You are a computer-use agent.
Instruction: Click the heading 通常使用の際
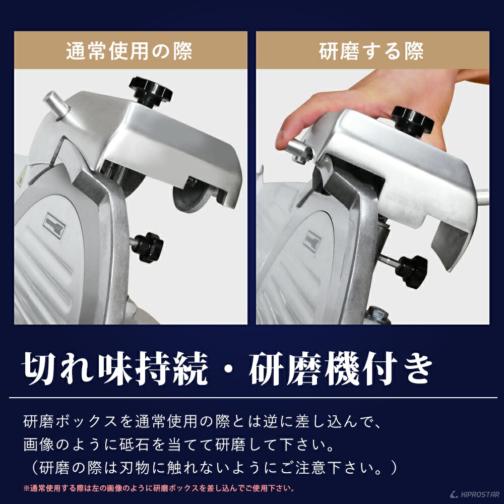130,51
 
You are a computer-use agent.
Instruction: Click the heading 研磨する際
371,51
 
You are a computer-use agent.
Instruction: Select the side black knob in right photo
411,271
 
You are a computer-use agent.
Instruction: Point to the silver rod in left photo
56,105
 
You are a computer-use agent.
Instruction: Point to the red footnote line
159,488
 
